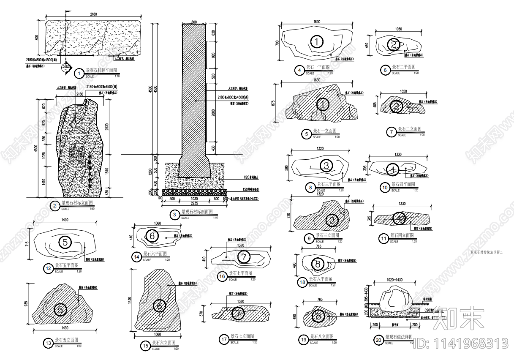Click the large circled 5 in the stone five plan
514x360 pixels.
click(x=65, y=243)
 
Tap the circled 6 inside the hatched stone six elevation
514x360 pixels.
click(x=159, y=305)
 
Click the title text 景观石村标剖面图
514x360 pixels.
click(x=197, y=212)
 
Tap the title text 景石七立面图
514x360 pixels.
click(x=242, y=336)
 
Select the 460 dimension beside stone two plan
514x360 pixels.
click(x=367, y=44)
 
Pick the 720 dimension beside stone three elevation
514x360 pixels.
click(x=288, y=215)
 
